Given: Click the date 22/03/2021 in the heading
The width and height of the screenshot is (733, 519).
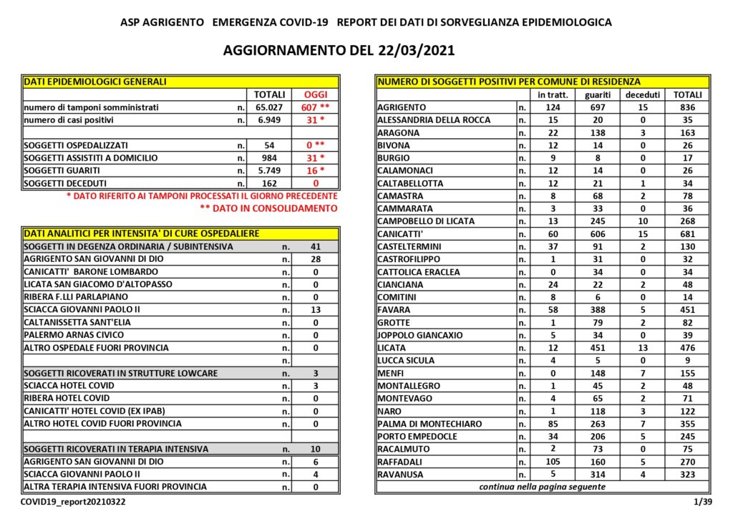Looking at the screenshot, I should coord(414,51).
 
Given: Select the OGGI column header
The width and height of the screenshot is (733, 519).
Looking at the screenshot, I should coord(314,94).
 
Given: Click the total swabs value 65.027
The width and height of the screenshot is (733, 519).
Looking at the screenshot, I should coord(269,107).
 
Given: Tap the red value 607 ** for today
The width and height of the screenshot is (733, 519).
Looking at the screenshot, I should coord(314,107).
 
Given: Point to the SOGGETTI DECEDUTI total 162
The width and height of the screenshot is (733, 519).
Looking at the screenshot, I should coord(269,183).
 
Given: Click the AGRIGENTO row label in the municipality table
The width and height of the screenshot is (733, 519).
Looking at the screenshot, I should coord(402,107).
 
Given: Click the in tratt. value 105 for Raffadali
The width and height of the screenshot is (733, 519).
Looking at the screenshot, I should coord(546,462).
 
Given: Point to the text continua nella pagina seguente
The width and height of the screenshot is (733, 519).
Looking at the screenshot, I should coord(542,487).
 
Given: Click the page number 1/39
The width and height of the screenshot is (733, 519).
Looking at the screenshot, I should coord(703,503).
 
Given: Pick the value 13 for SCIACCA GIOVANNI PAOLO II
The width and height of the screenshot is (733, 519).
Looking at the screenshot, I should coord(316,310).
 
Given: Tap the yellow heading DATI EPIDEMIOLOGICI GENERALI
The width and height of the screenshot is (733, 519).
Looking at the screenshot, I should coord(95,82).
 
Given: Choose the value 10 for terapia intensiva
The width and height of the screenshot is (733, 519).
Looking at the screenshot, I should coord(316,450).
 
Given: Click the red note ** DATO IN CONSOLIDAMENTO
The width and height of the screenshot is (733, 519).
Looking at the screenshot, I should coord(268,208).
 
